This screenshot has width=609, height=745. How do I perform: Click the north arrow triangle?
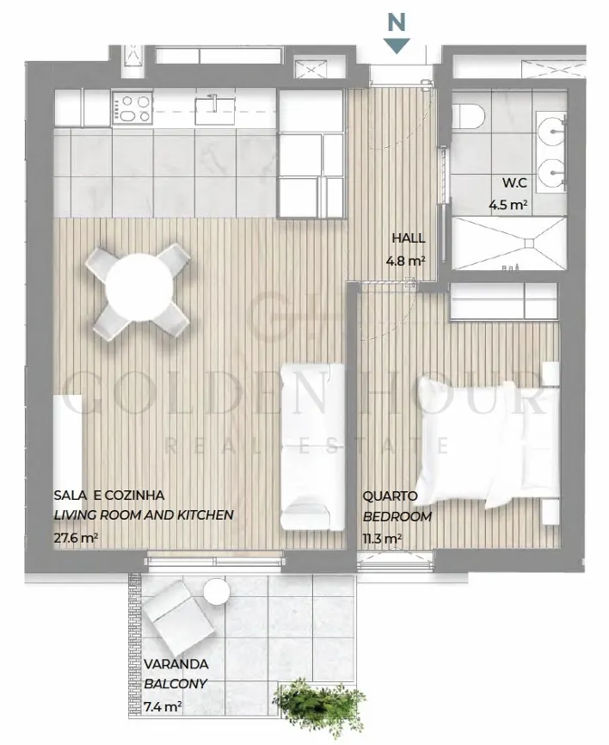397,45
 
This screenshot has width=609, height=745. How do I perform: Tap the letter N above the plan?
397,22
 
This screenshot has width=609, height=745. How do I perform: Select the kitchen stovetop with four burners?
132,108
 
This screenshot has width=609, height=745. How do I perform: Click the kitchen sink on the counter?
215,108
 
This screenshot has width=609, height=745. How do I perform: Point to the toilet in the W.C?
472,115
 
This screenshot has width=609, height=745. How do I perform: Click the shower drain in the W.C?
529,243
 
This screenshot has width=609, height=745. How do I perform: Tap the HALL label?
409,238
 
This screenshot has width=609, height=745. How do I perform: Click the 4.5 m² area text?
508,205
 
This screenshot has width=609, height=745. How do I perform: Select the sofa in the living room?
312,446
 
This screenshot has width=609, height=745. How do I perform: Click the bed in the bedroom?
489,444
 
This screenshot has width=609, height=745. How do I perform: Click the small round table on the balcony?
217,592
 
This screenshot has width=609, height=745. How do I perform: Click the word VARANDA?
175,664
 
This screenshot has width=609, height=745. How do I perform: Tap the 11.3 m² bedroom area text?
383,539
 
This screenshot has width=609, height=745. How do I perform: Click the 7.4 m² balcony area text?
163,706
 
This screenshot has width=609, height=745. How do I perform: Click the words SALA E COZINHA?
109,495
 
